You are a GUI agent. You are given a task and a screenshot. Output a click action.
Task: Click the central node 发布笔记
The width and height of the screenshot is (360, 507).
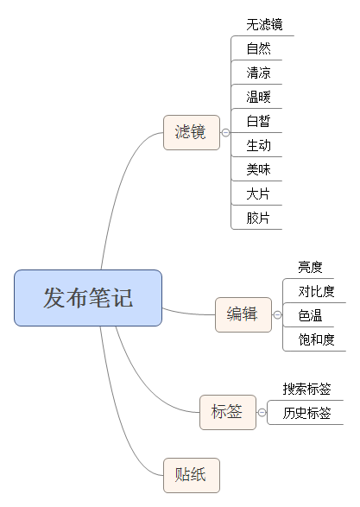point(88,298)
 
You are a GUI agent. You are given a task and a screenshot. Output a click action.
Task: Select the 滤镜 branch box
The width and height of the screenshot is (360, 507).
point(192,132)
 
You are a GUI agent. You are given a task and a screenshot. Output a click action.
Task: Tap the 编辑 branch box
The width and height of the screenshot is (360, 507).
point(243,314)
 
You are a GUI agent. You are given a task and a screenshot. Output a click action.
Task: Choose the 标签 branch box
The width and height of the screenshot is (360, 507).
point(228,412)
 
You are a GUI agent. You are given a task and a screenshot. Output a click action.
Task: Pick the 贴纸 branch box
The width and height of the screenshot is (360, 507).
point(192,475)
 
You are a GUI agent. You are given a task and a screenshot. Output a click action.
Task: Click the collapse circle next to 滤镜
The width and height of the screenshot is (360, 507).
point(225,132)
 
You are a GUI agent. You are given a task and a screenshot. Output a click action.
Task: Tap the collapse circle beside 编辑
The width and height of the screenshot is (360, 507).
point(277,315)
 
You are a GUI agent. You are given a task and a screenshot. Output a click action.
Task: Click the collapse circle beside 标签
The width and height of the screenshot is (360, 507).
point(262,413)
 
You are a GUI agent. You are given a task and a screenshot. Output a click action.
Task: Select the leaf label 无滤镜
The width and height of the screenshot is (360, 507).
point(264,24)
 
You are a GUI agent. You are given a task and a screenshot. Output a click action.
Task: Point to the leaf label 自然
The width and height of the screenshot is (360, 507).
point(258,48)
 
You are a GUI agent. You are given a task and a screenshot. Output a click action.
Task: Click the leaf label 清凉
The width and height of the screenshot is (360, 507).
point(258,73)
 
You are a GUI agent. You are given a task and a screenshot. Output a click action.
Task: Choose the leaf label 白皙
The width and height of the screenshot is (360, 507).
point(258,121)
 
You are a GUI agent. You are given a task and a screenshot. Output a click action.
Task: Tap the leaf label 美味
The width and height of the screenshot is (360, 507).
point(258,169)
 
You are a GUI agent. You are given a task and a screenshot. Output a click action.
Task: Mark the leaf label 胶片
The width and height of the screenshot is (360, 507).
point(258,218)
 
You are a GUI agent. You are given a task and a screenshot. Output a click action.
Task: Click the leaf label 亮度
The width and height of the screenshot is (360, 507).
point(310,268)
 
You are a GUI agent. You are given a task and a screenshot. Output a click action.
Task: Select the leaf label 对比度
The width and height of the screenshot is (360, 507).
point(316,291)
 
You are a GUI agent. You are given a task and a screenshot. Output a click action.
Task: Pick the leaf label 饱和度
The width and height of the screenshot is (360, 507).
point(316,339)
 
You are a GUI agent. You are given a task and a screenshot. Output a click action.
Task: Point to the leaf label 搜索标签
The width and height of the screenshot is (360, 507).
point(307,389)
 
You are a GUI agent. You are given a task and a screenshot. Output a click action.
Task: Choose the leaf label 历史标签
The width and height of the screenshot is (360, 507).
point(307,413)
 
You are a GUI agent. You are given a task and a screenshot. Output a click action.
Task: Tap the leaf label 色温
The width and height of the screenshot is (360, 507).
point(310,315)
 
